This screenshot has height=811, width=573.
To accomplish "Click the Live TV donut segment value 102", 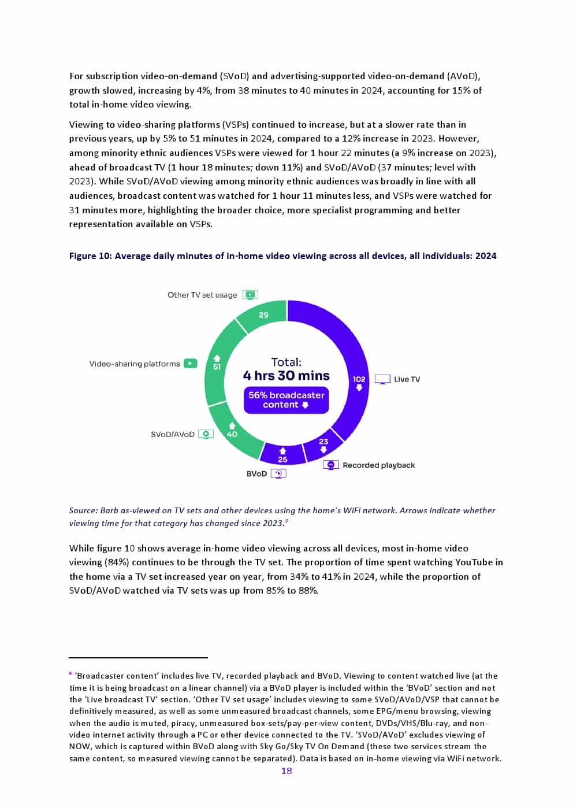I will [x=359, y=379].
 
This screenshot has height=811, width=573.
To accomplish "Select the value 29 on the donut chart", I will [x=263, y=315].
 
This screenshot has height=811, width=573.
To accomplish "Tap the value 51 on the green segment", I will [x=217, y=366].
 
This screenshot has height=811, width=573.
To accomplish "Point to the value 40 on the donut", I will [x=232, y=434].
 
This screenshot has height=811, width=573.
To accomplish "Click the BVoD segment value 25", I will [x=282, y=460].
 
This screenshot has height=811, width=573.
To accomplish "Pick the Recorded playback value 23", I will [x=323, y=442].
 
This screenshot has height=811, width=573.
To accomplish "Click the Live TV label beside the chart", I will [x=407, y=379].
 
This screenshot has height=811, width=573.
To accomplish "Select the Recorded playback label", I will [x=378, y=465].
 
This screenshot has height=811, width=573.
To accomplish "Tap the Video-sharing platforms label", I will [x=134, y=364].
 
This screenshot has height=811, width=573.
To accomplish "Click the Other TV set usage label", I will [x=202, y=295].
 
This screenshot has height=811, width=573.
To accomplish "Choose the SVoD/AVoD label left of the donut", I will [x=172, y=434].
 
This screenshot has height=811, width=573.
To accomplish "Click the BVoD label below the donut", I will [x=256, y=474].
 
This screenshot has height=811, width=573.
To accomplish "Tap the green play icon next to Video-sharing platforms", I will [x=191, y=364].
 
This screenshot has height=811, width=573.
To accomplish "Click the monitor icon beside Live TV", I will [x=382, y=379].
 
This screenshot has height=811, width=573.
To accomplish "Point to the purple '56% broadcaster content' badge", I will [x=286, y=400].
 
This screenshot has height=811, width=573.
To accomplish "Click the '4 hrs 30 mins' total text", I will [x=286, y=376].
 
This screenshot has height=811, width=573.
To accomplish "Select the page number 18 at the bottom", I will [x=286, y=771].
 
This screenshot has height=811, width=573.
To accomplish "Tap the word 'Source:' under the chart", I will [x=83, y=510].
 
